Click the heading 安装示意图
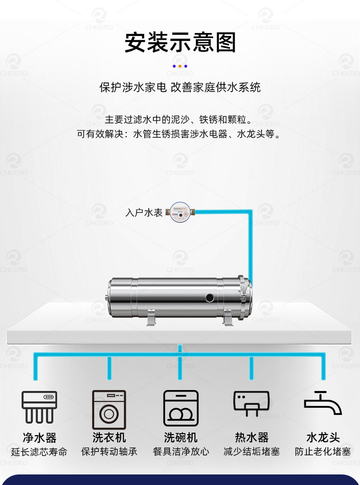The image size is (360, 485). tap(180, 42)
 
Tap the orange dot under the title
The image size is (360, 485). tap(180, 66)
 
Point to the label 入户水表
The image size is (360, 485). tap(144, 213)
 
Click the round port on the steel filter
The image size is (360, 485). tap(210, 297)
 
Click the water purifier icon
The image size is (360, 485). tap(39, 407)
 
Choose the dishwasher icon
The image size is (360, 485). tap(181, 408)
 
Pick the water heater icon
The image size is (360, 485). tap(252, 403)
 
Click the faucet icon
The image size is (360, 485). tap(323, 402)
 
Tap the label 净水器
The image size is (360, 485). tap(40, 438)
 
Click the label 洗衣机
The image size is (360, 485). tap(109, 438)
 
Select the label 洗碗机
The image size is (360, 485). tap(181, 438)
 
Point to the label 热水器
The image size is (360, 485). tap(252, 438)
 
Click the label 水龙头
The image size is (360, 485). tap(323, 438)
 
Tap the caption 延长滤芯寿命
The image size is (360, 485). tap(39, 452)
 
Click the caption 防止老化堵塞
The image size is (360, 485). tap(323, 451)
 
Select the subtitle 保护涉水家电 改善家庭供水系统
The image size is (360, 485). tap(180, 87)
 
